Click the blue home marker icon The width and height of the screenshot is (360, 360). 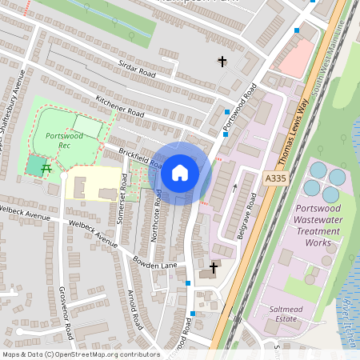point(180,173)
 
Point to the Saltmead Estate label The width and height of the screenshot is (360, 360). point(286,312)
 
